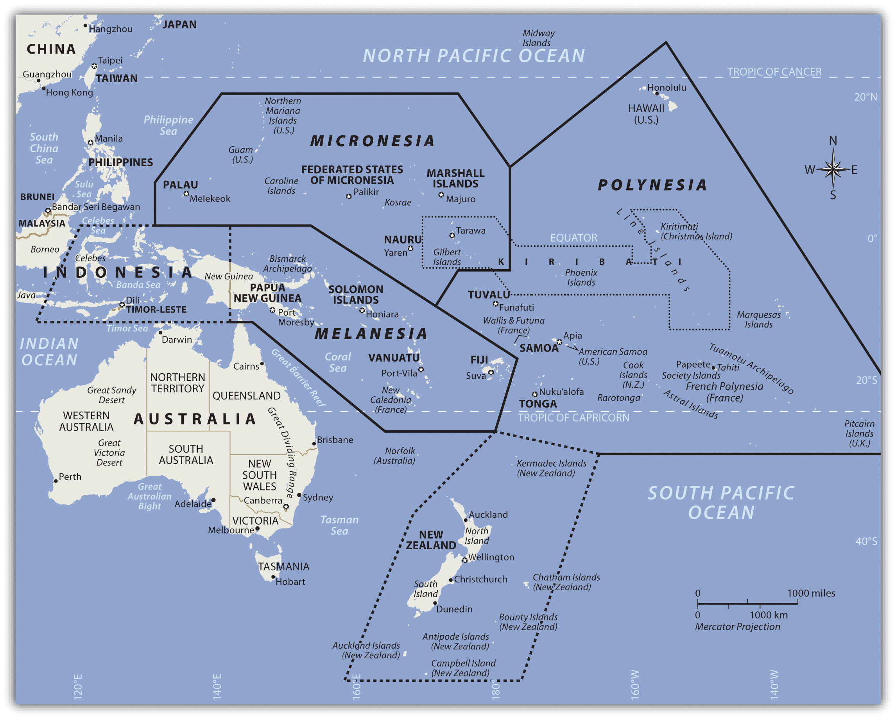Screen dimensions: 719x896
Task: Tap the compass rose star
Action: pos(833,169)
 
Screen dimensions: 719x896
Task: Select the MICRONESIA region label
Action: pos(373,141)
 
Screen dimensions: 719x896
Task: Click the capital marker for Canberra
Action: pos(286,507)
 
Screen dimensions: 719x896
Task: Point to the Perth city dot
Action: pos(56,481)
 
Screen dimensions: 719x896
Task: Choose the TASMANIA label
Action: pos(283,566)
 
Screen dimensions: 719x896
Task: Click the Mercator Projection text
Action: pos(737,626)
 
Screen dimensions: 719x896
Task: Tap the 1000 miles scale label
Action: pos(811,593)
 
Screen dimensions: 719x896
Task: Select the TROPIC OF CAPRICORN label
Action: pos(573,417)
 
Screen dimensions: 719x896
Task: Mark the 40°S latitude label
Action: pos(866,541)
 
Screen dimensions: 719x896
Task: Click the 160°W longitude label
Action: pos(634,684)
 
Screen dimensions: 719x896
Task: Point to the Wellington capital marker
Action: pos(465,560)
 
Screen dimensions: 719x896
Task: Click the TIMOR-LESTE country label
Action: pos(156,309)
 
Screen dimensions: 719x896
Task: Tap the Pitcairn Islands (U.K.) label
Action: pos(859,433)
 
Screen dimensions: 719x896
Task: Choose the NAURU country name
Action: pos(402,239)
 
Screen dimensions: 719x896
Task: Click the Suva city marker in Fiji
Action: pos(491,372)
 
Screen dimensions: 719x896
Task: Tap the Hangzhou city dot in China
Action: pos(85,26)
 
